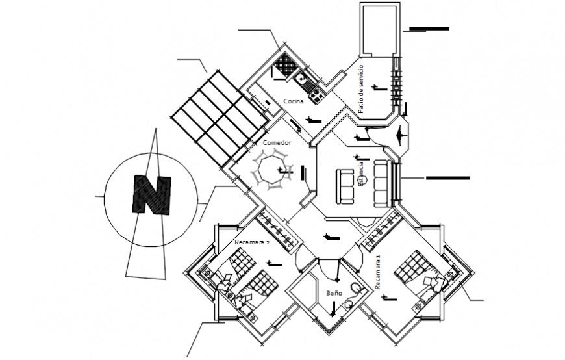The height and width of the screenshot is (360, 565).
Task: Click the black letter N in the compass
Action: (x=151, y=194)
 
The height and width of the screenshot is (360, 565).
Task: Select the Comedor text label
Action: (x=277, y=142)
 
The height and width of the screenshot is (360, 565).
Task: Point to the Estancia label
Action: (x=362, y=175)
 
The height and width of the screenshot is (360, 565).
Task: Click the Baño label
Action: (x=334, y=294)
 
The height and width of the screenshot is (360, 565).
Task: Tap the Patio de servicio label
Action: (x=360, y=89)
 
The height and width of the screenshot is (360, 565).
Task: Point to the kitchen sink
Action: (x=303, y=81)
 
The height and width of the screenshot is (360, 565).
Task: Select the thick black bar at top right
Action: (x=428, y=29)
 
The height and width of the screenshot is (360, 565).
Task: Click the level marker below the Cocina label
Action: (x=314, y=120)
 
